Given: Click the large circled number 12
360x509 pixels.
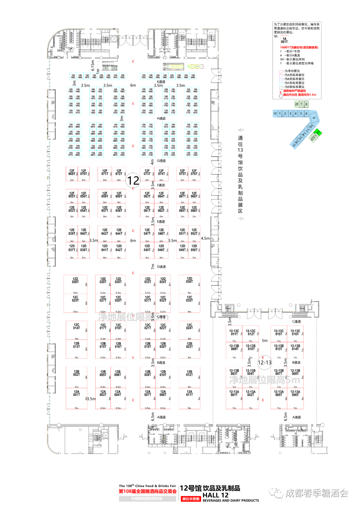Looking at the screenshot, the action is (x=133, y=180).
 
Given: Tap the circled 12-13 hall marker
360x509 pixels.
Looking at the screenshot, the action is (x=265, y=362).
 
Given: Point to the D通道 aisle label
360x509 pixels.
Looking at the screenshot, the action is (x=161, y=267).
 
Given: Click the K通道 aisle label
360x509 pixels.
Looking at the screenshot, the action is (x=161, y=82).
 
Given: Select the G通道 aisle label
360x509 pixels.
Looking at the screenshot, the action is (x=161, y=161).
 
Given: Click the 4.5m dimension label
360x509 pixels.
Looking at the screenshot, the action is (x=205, y=238).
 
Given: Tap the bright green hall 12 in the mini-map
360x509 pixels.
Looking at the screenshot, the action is (x=318, y=133).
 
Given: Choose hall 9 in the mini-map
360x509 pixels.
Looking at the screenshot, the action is (x=314, y=117).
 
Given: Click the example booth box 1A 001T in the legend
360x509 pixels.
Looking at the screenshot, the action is (x=284, y=40).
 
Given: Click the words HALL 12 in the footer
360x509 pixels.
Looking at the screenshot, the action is (x=215, y=495).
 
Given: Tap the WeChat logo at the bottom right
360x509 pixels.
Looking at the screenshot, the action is (x=276, y=493).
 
